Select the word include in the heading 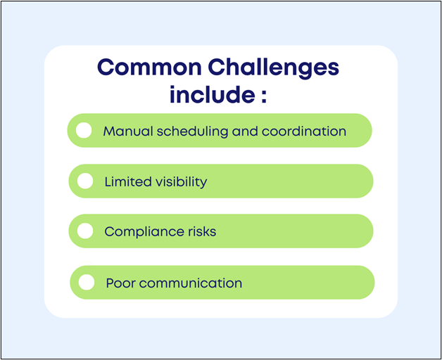(x=209, y=95)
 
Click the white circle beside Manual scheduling (x=84, y=131)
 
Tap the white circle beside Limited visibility (x=85, y=181)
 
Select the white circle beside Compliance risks (x=85, y=231)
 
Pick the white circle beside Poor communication (x=87, y=282)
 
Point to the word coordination (x=304, y=131)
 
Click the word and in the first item (x=244, y=131)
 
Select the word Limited (x=127, y=182)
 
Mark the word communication (x=190, y=283)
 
